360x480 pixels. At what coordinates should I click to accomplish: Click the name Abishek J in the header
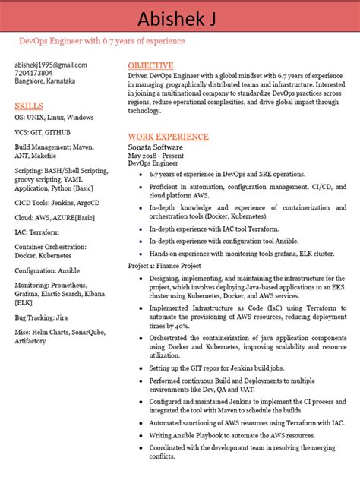tap(180, 17)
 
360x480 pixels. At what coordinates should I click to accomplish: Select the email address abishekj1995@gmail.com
tap(50, 65)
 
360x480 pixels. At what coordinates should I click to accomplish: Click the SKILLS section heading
tap(29, 106)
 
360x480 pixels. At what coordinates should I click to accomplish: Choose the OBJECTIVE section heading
tap(150, 66)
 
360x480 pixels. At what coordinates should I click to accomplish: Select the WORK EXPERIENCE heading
tap(168, 137)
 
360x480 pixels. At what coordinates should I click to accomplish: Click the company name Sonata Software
tap(156, 147)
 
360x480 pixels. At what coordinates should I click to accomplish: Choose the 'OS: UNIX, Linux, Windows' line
tap(54, 118)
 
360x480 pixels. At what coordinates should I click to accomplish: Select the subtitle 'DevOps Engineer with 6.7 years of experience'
tap(101, 40)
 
